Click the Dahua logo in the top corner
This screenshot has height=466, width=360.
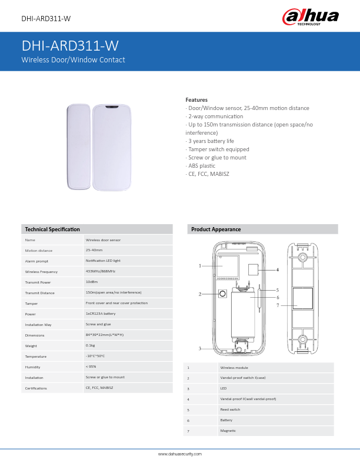311,17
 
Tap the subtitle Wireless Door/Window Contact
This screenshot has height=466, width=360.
74,60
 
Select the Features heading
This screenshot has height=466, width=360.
196,100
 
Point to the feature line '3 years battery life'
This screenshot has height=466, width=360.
210,141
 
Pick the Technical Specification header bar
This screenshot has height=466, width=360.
97,229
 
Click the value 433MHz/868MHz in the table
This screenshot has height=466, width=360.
101,271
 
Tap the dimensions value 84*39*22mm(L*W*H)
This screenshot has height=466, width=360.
105,335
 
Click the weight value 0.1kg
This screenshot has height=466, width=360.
91,345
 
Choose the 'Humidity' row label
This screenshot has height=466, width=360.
32,367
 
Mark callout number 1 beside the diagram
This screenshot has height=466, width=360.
200,266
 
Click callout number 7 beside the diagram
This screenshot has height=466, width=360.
278,305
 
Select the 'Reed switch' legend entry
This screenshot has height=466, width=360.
230,410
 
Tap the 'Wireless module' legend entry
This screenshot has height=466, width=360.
234,367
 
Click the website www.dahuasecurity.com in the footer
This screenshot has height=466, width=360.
180,454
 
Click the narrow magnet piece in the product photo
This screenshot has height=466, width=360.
78,147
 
